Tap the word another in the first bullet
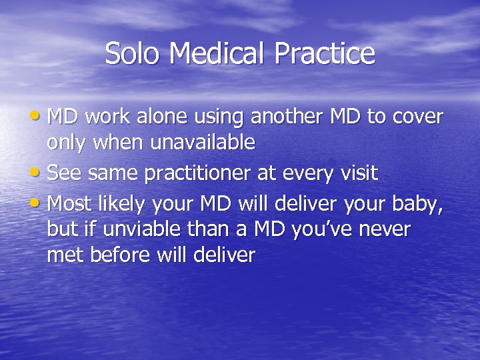[x=288, y=117]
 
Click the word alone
[x=161, y=117]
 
